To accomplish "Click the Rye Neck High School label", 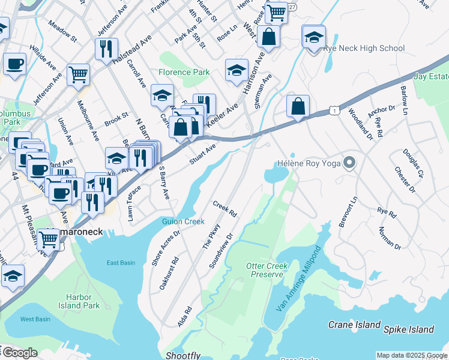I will [364, 48].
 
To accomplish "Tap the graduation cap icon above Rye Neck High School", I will [313, 37].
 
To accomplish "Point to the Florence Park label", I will [184, 72].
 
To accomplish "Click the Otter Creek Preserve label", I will [268, 270].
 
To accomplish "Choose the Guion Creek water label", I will [183, 221].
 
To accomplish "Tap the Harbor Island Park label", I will [75, 301].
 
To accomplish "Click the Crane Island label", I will [354, 325].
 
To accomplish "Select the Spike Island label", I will [410, 329].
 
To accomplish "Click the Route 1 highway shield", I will [334, 110].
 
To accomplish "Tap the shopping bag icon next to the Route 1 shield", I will [298, 107].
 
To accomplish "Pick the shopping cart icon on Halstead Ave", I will [78, 75].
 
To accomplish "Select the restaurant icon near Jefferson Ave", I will [106, 49].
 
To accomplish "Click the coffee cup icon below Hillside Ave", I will [14, 64].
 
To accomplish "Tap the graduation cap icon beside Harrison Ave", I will [237, 71].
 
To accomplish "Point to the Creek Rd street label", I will [225, 209].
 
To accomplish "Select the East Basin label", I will [121, 263].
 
